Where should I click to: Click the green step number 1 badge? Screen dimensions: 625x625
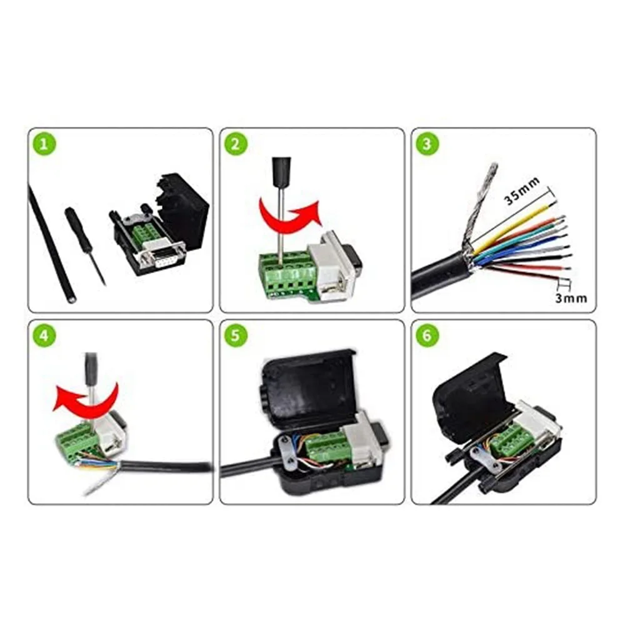pos(43,144)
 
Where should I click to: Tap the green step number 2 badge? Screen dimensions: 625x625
pos(235,144)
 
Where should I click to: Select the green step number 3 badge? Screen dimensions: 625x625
pos(427,144)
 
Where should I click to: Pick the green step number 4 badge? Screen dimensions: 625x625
pos(43,336)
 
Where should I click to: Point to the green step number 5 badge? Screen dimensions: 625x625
pos(235,336)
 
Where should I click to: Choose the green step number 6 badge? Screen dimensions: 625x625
pos(427,336)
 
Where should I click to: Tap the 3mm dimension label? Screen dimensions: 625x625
pos(571,298)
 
